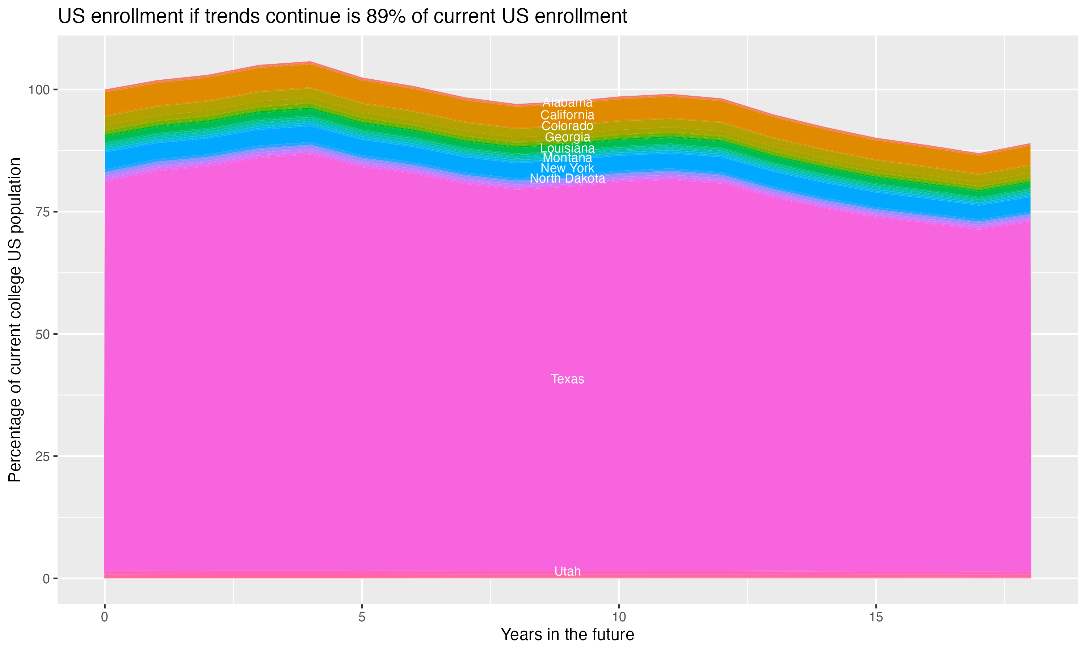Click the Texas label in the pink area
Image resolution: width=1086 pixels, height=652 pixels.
567,379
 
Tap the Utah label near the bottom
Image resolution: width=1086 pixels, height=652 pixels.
567,572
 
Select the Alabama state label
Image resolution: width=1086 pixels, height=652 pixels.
567,103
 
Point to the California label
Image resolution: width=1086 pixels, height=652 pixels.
567,115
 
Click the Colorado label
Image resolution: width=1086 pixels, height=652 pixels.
567,126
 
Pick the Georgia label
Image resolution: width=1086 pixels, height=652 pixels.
567,137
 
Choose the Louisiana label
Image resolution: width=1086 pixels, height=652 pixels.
567,148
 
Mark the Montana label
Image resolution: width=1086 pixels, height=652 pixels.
567,158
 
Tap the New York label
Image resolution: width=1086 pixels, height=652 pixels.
567,168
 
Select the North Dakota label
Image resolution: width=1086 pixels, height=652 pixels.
567,178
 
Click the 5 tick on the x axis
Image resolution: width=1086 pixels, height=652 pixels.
362,617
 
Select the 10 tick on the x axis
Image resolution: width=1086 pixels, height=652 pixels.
619,617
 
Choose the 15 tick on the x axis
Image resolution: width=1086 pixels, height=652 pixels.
876,617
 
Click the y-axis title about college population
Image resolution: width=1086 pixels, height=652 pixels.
15,320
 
